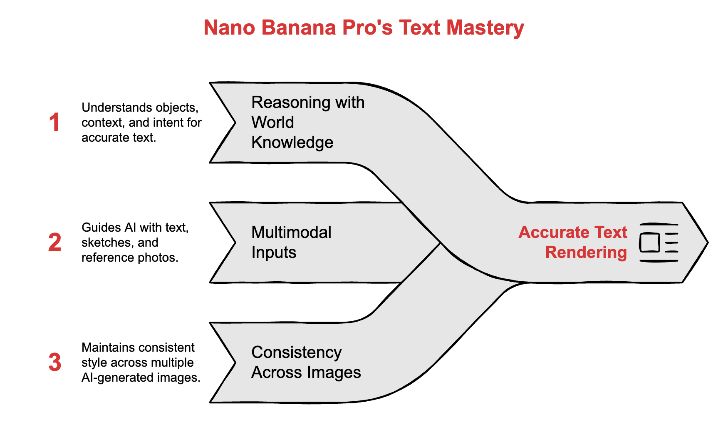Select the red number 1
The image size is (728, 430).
[x=54, y=123]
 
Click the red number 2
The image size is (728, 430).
[x=54, y=242]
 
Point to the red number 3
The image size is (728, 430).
[x=54, y=362]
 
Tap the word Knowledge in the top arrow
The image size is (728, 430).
[x=292, y=142]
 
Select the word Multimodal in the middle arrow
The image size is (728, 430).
[x=291, y=232]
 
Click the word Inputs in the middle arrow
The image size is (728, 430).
[x=274, y=252]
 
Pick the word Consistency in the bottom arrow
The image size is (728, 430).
[x=296, y=352]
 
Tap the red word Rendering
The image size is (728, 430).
[x=586, y=252]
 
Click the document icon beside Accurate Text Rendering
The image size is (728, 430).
[x=659, y=242]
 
